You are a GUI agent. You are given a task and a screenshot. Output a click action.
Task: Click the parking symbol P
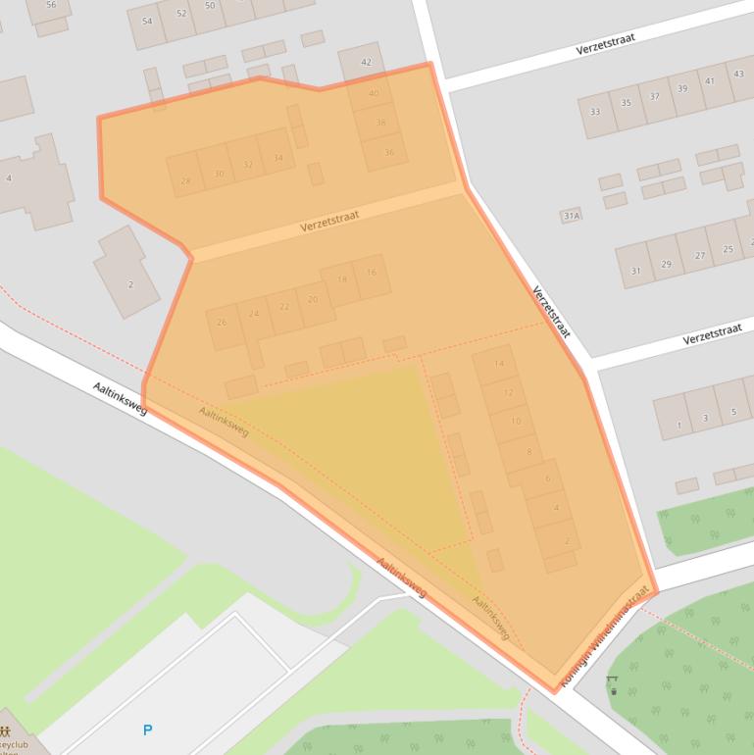click(x=148, y=730)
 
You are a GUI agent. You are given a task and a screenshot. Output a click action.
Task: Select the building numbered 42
click(x=366, y=63)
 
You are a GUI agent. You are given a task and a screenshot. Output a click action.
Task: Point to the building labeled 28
click(x=185, y=180)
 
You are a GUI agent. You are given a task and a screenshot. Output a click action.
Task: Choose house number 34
click(x=278, y=158)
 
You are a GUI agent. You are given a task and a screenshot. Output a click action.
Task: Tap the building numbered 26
click(x=223, y=322)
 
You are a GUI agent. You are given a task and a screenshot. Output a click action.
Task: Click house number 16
click(x=372, y=273)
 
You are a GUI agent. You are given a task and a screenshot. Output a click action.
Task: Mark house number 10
click(x=516, y=422)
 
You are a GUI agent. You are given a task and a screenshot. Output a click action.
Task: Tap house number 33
click(x=595, y=112)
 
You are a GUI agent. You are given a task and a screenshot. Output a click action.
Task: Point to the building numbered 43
click(x=738, y=74)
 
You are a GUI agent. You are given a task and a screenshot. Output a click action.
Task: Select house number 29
click(x=667, y=264)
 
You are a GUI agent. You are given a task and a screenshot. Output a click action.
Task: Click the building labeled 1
click(x=679, y=426)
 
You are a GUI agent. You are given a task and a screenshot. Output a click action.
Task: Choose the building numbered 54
click(x=147, y=21)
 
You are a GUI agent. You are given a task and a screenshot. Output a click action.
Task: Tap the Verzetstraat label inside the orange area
click(x=329, y=220)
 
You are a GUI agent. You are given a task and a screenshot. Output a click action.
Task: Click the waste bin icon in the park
click(x=614, y=690)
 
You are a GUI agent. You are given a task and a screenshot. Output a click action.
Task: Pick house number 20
click(x=313, y=299)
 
